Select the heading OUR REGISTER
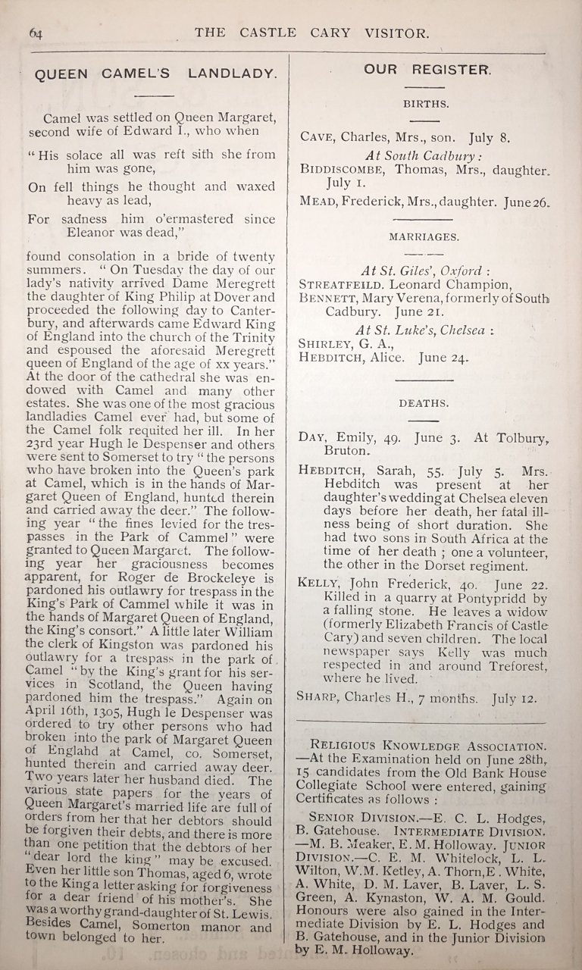[x=427, y=70]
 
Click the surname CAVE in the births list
[x=318, y=139]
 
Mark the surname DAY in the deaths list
[x=313, y=439]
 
